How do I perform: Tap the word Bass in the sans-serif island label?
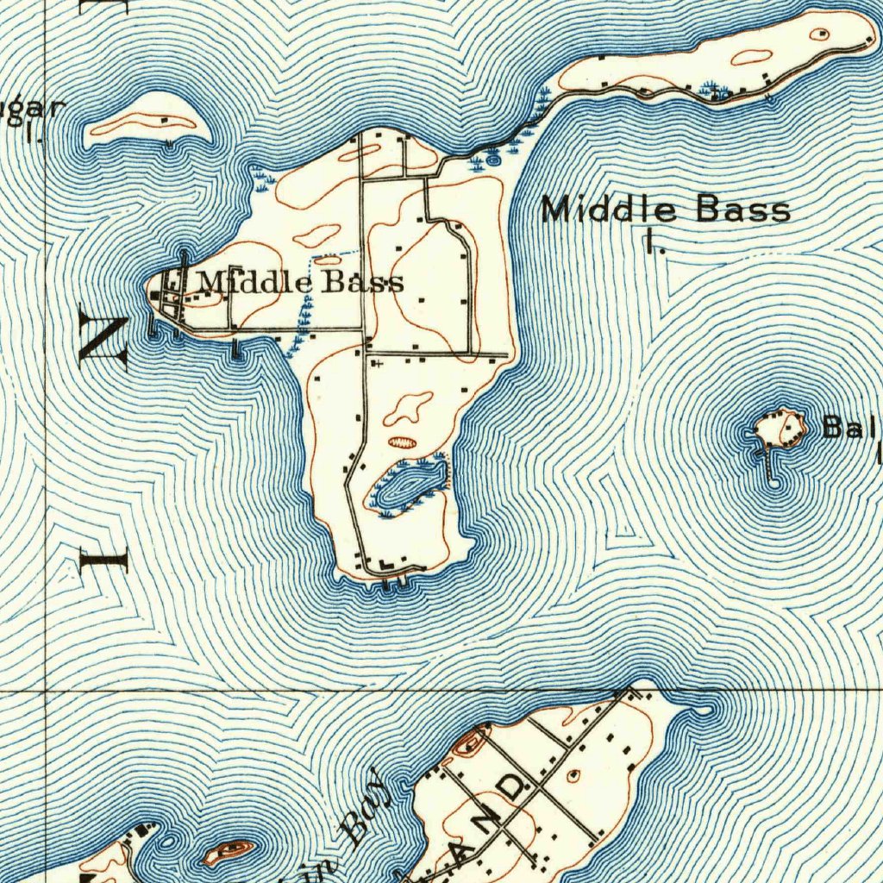click(743, 210)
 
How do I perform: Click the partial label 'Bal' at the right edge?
click(849, 428)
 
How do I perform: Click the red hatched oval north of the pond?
click(402, 441)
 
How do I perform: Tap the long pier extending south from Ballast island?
click(767, 466)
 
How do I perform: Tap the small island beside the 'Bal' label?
click(780, 428)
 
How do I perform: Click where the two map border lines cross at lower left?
click(45, 691)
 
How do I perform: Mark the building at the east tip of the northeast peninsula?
click(823, 34)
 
